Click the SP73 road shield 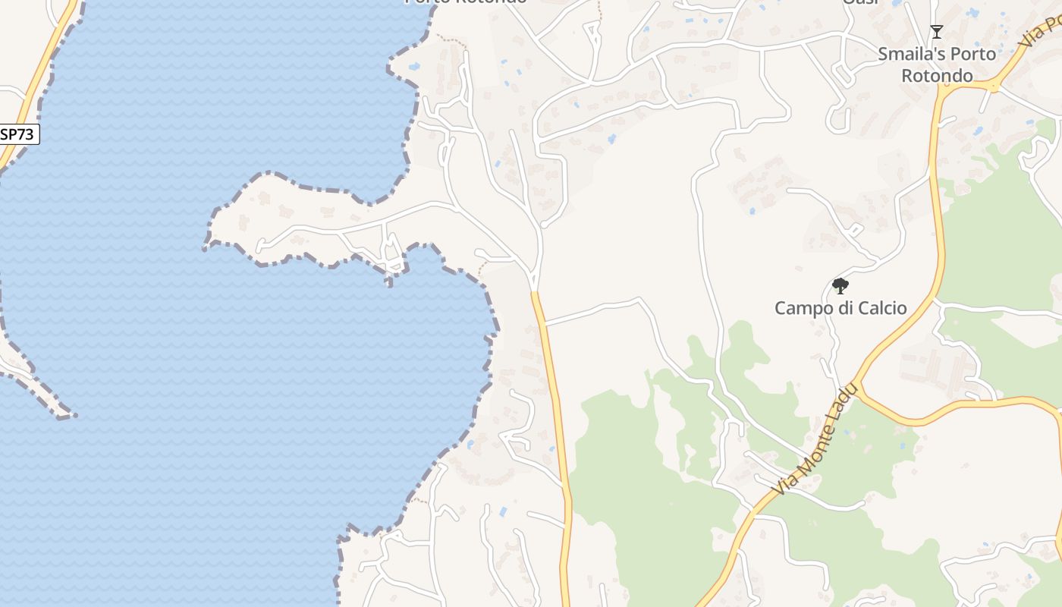tap(17, 134)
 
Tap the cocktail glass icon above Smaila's tap(937, 32)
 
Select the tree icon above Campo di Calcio tap(840, 286)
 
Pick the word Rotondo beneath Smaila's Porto tap(937, 76)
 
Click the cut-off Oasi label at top tap(860, 2)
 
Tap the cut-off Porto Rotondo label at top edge tap(465, 2)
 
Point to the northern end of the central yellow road tap(535, 293)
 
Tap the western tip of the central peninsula tap(207, 244)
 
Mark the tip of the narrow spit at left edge tap(74, 416)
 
